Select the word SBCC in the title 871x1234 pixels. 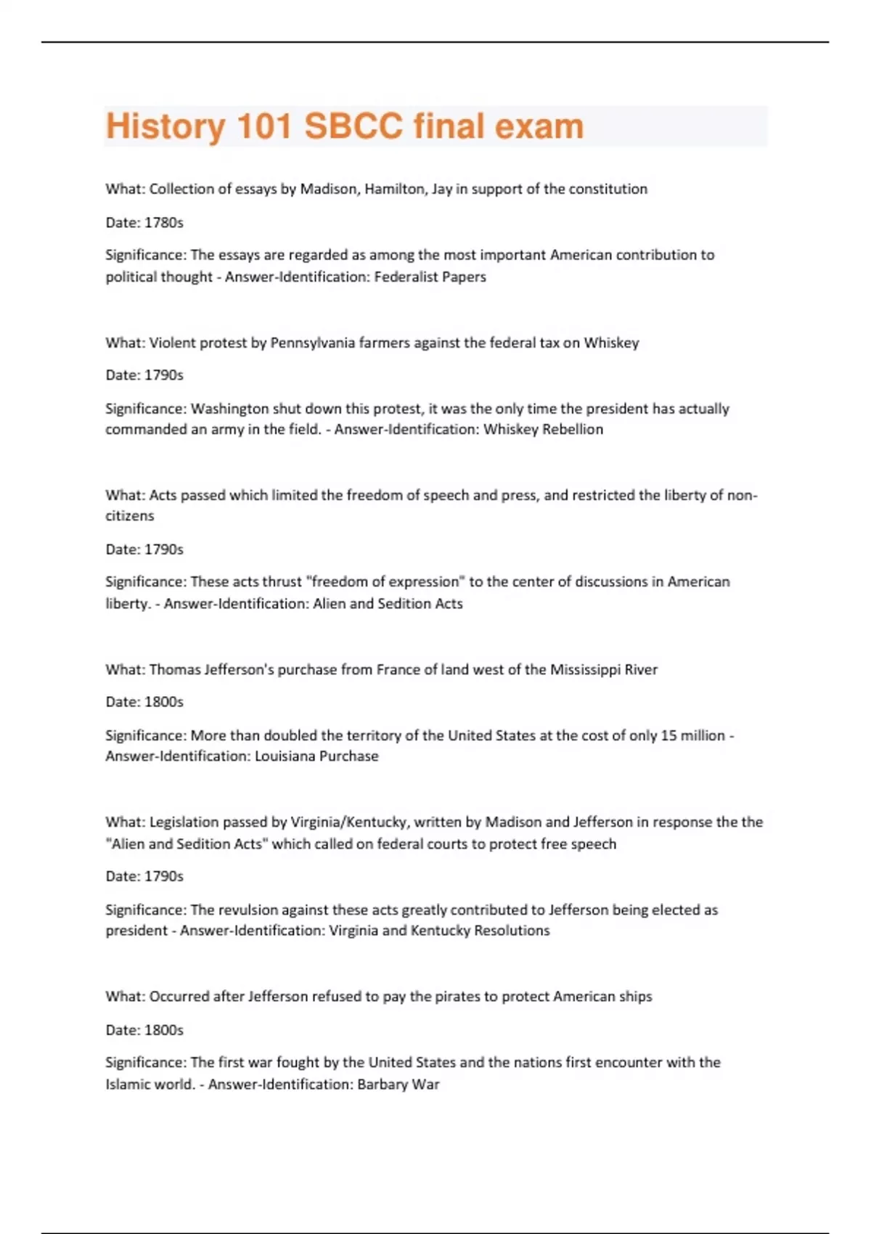pyautogui.click(x=353, y=126)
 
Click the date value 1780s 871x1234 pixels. pyautogui.click(x=164, y=223)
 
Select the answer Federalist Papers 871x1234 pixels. pyautogui.click(x=430, y=277)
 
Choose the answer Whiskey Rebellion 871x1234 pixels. pyautogui.click(x=543, y=430)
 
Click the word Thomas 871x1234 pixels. pyautogui.click(x=173, y=670)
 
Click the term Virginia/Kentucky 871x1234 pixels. pyautogui.click(x=350, y=822)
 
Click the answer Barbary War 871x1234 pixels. pyautogui.click(x=398, y=1084)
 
